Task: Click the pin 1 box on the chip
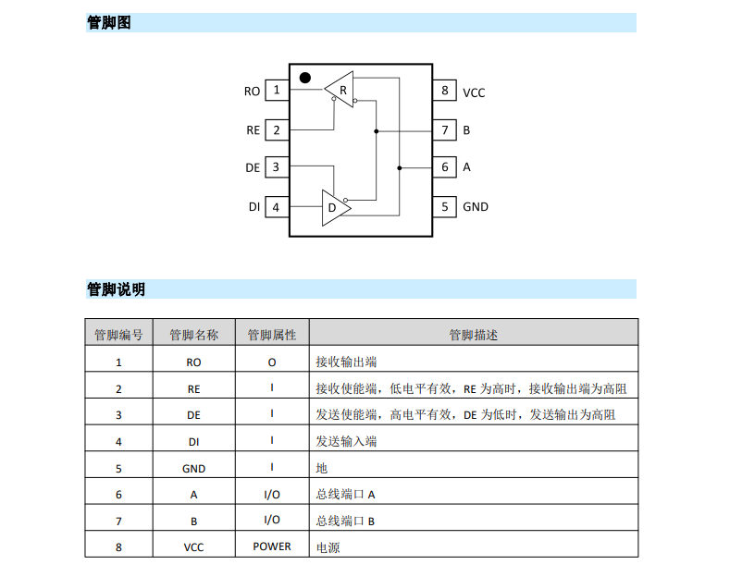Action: [277, 90]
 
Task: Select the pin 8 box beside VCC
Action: [445, 90]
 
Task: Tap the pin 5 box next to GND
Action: [445, 206]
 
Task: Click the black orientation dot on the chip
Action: [305, 78]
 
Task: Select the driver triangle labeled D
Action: [334, 207]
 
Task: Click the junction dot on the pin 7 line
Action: [377, 131]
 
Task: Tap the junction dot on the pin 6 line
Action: [399, 167]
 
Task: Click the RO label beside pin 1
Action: [252, 92]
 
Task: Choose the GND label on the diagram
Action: [476, 206]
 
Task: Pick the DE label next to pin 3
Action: [253, 167]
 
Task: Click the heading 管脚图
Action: [109, 22]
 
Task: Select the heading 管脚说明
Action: [116, 289]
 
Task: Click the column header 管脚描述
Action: [473, 335]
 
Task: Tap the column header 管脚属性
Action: [272, 335]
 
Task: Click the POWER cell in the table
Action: [272, 546]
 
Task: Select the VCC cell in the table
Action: [193, 547]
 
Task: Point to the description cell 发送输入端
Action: [346, 441]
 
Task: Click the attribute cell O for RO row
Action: [272, 362]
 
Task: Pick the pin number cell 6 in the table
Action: [118, 495]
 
